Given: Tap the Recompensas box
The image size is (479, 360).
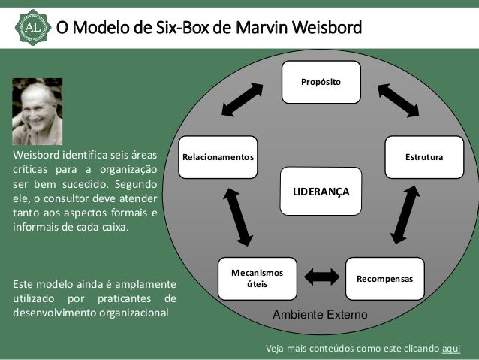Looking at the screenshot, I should pos(384,278).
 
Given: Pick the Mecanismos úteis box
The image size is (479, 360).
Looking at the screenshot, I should pos(255,279).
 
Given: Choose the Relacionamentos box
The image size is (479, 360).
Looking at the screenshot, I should pos(218,157).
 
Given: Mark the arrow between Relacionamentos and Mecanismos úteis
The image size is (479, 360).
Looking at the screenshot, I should pos(237,216).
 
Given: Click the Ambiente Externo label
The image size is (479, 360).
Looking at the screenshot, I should pos(319,315).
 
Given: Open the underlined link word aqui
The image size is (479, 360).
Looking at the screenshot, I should pos(451,349).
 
